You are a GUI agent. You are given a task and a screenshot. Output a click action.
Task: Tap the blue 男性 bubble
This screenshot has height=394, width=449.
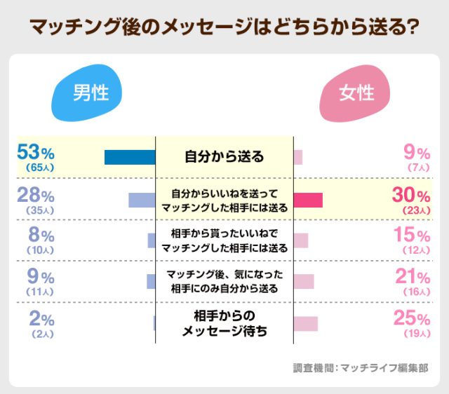tap(90, 93)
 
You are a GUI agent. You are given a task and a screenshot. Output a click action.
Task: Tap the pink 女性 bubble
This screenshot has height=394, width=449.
tap(356, 93)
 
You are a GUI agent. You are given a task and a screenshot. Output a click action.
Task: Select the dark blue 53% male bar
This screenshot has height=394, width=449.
tap(130, 157)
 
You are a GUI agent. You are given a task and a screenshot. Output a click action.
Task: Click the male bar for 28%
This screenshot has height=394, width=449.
tap(142, 199)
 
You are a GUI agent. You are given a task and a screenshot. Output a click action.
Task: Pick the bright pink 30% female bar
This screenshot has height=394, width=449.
tap(308, 200)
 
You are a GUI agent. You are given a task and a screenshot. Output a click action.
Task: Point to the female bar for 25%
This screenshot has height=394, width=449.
tap(306, 323)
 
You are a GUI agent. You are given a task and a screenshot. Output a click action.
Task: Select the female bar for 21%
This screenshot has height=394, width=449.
tap(304, 281)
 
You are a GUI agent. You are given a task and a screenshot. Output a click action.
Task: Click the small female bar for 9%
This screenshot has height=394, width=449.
tap(298, 157)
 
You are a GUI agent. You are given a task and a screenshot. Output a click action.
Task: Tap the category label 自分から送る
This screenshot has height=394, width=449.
tap(224, 156)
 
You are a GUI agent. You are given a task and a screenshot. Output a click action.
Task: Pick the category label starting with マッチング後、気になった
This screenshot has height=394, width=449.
tap(224, 281)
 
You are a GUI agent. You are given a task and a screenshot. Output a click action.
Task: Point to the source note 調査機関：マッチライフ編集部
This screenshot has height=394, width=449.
tap(360, 367)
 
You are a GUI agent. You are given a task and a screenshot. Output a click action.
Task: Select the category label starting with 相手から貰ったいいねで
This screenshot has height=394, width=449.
tap(224, 240)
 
